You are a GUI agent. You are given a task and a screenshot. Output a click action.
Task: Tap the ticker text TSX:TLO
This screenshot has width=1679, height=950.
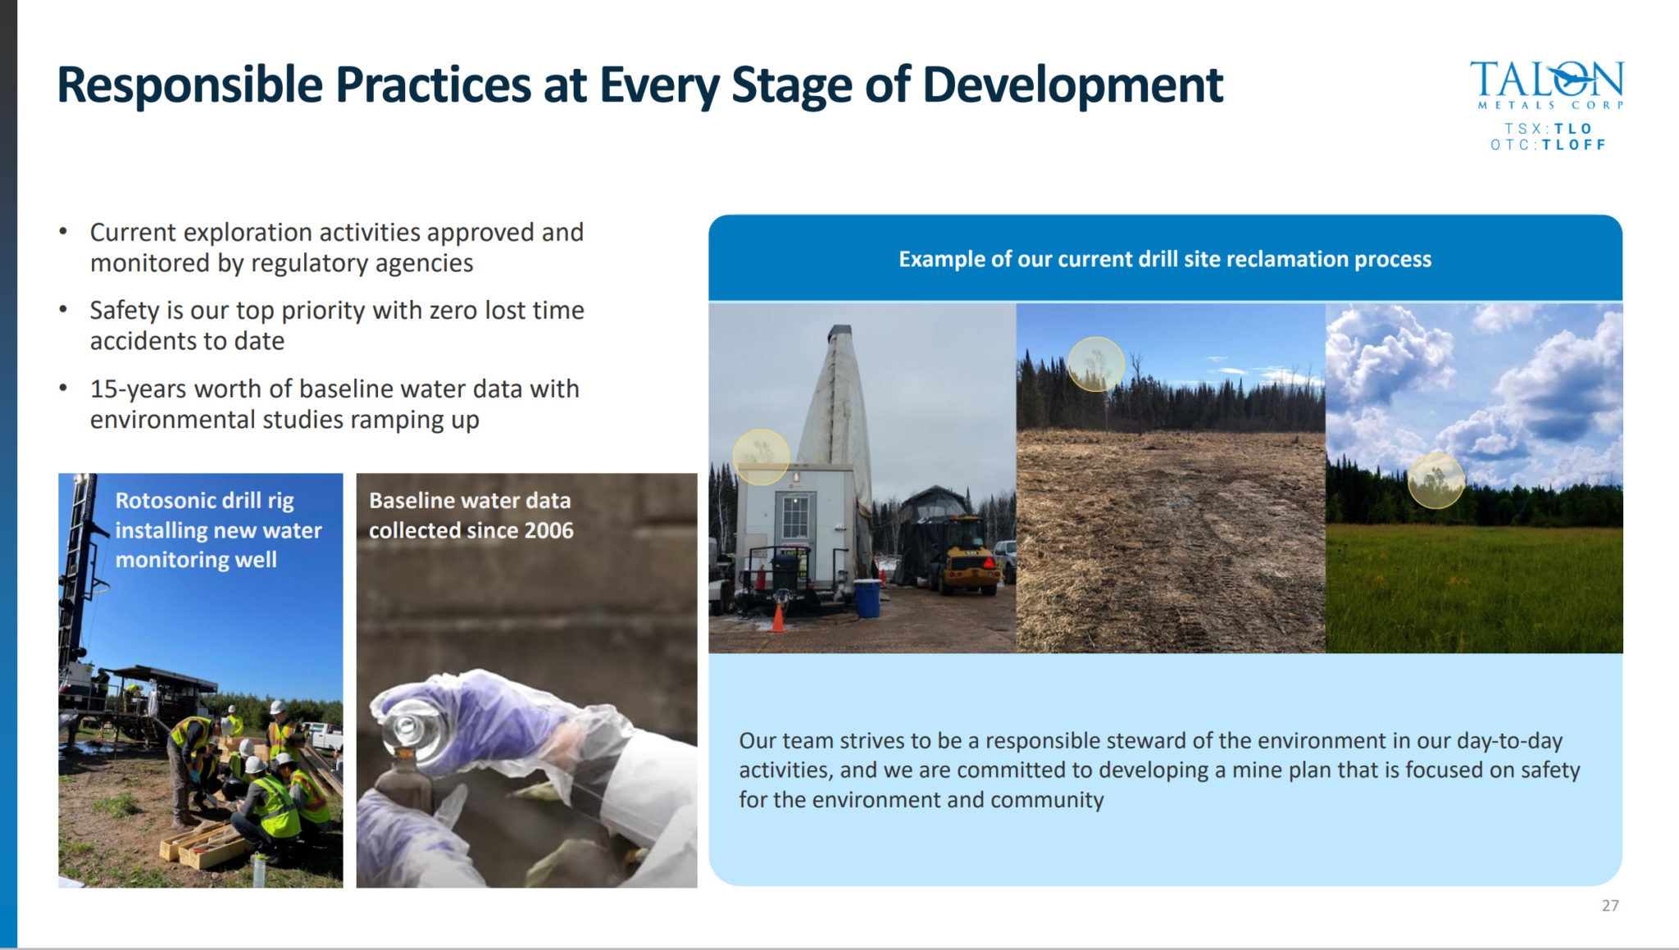click(1547, 129)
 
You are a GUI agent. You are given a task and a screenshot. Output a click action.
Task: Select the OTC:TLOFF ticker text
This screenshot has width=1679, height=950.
click(1547, 145)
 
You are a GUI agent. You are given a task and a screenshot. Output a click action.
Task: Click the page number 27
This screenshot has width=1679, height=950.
click(1609, 906)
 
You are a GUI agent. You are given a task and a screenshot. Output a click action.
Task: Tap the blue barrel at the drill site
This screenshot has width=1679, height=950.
click(867, 598)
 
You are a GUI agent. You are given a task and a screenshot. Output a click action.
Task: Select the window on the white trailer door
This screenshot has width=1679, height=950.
click(794, 517)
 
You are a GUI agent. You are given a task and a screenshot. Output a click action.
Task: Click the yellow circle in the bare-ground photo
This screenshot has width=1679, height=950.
click(1095, 364)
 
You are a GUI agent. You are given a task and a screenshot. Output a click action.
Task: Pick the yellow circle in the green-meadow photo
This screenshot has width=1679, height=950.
click(1436, 480)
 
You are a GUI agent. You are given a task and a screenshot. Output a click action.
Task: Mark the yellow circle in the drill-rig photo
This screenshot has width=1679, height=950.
click(760, 457)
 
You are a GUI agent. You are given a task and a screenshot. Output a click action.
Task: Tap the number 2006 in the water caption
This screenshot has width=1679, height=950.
click(548, 530)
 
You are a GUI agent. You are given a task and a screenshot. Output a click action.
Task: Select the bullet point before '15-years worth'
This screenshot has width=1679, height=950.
click(63, 388)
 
